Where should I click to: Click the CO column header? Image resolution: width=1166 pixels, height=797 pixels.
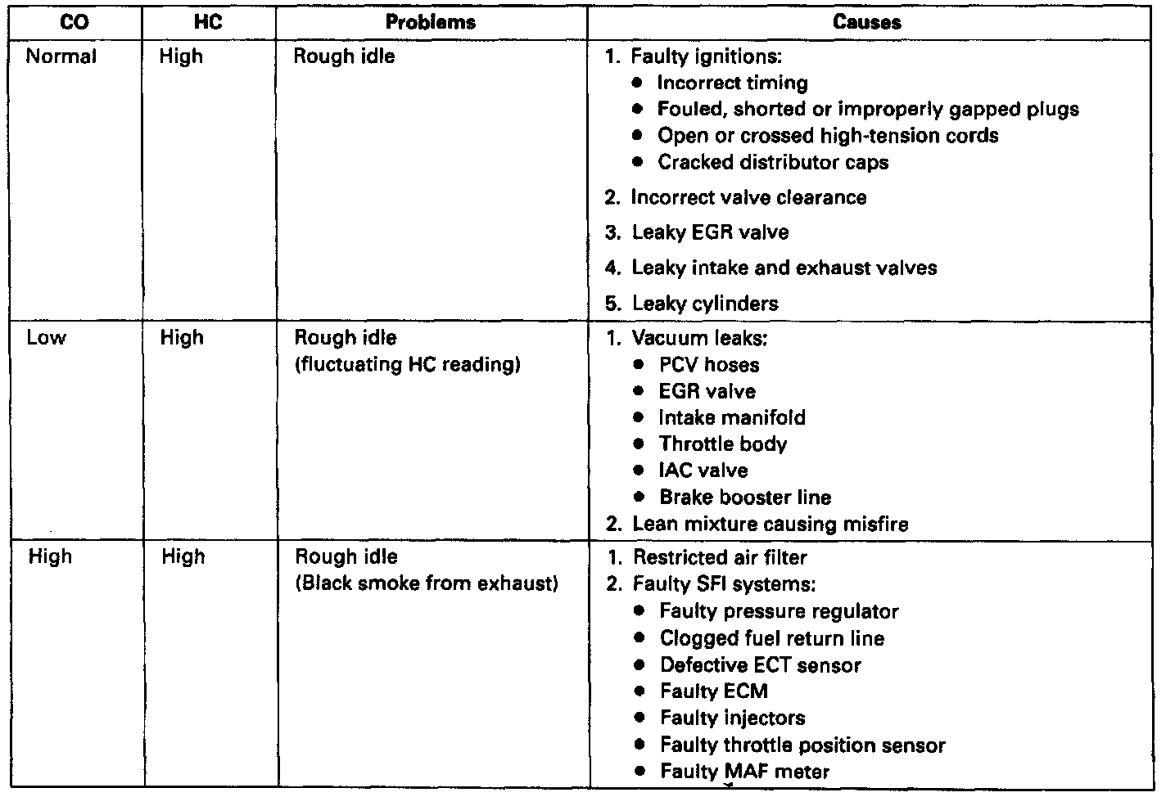(x=75, y=23)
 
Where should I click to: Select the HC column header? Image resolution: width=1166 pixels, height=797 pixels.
(x=209, y=23)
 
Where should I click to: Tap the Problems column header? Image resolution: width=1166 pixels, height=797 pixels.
(x=431, y=23)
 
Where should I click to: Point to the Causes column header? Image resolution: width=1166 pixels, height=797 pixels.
(x=867, y=23)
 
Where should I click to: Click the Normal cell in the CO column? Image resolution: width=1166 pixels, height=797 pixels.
(x=61, y=56)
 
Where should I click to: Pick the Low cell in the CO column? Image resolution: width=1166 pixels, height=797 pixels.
(x=47, y=337)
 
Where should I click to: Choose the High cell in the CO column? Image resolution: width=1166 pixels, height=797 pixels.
(x=50, y=556)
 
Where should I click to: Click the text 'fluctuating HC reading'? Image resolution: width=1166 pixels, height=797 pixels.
(x=407, y=364)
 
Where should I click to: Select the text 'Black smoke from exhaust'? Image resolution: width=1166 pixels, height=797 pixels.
(x=427, y=583)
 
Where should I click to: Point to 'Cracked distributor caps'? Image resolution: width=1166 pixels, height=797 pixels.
(x=773, y=162)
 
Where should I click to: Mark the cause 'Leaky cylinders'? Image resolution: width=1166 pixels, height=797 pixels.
(x=704, y=304)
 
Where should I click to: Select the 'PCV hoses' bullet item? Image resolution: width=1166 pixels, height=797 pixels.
(x=709, y=365)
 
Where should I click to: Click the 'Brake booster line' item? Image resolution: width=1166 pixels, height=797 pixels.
(x=745, y=498)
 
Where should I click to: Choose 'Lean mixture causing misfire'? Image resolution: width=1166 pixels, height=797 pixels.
(x=770, y=524)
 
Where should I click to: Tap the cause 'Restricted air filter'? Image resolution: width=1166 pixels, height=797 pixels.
(x=720, y=557)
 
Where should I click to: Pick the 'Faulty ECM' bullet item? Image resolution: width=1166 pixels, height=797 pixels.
(x=714, y=691)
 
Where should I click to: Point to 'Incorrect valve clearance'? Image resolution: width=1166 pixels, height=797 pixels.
(x=748, y=197)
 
